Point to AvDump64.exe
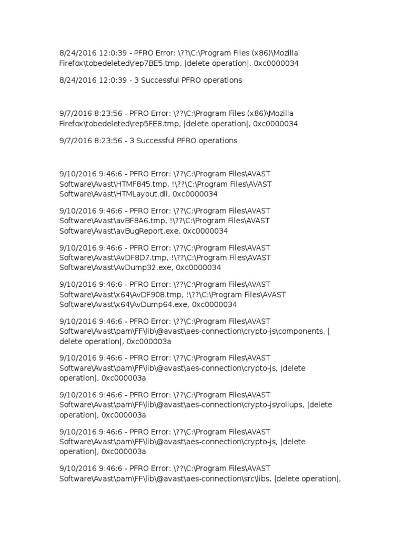(x=163, y=305)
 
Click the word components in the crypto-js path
(x=302, y=332)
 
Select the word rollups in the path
(x=292, y=405)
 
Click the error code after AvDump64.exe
(x=215, y=305)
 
